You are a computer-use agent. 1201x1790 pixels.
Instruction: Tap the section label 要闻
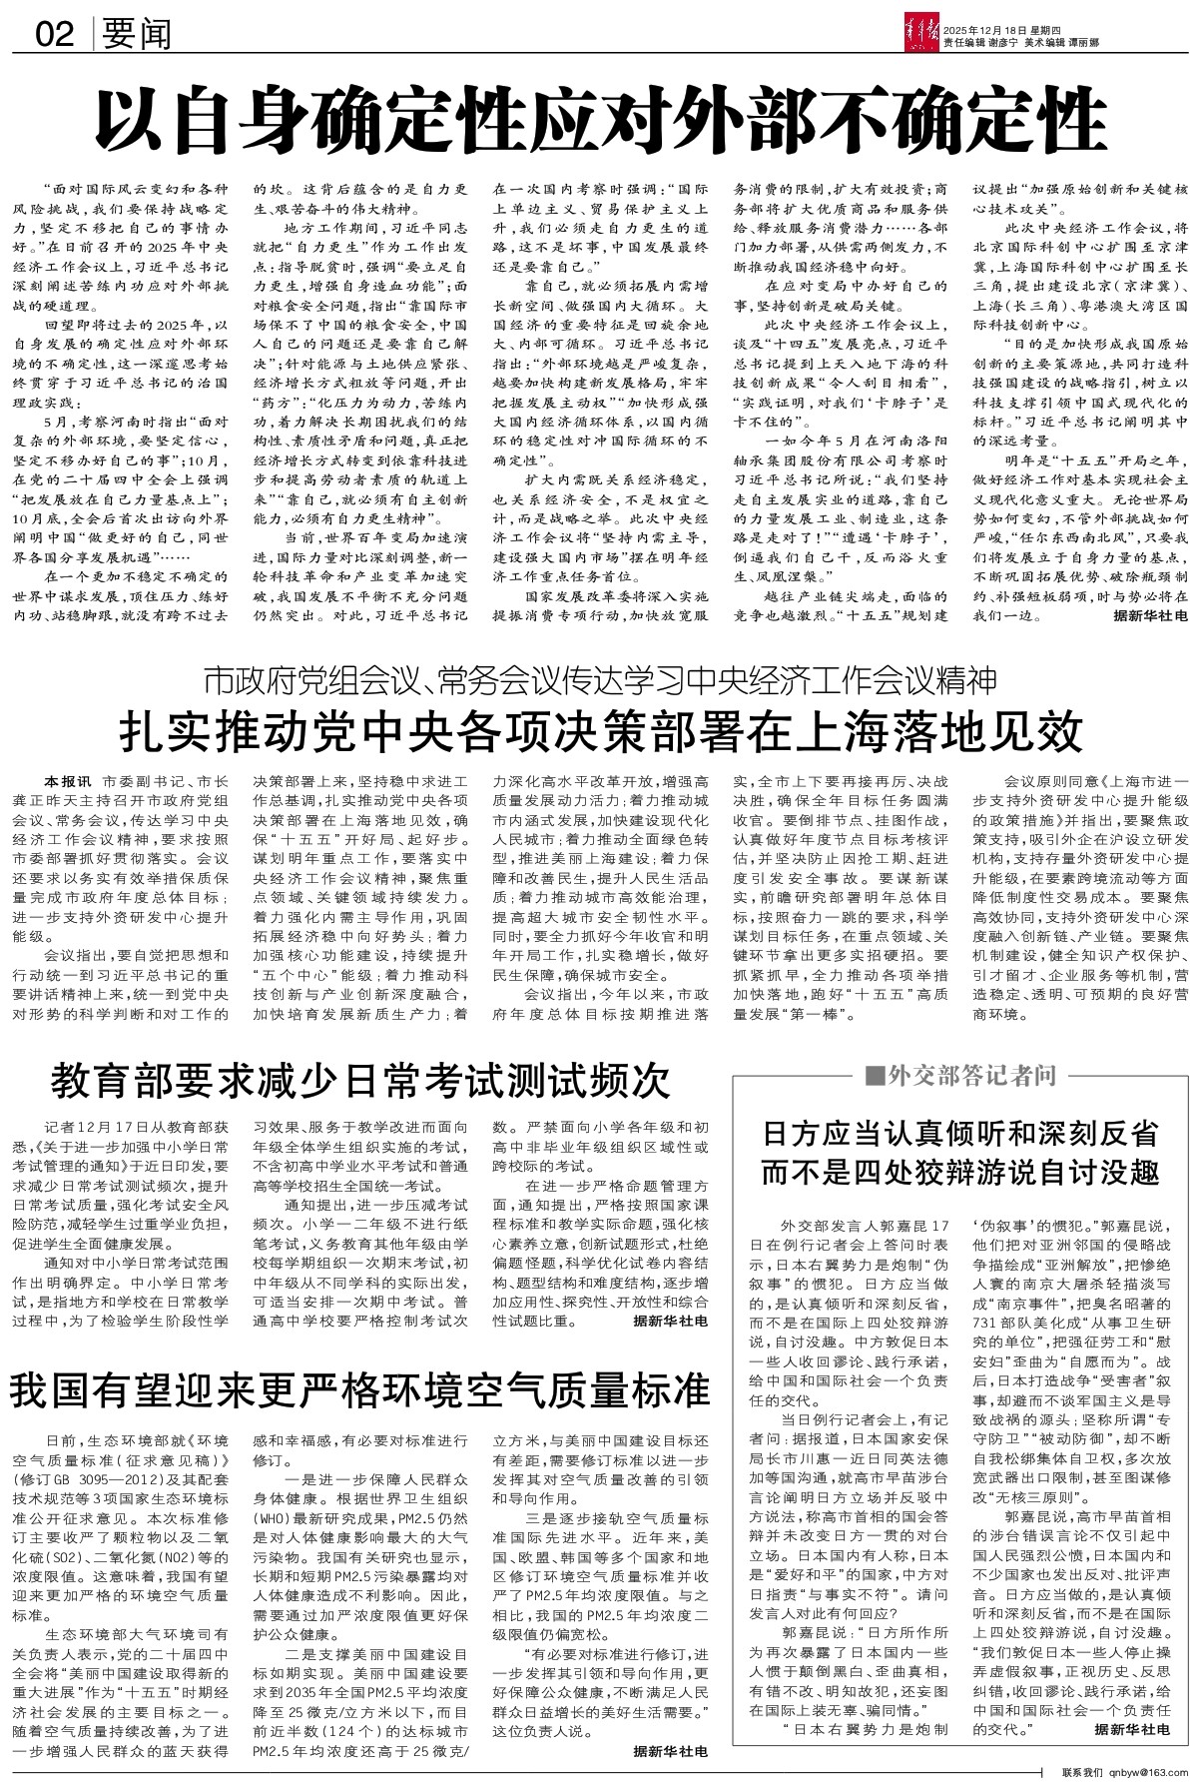pos(136,35)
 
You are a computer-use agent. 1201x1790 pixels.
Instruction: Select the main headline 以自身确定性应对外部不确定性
pos(598,119)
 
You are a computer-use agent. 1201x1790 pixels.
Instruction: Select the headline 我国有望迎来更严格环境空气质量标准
pos(360,1388)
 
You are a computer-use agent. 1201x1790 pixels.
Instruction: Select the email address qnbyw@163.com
pos(1148,1774)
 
